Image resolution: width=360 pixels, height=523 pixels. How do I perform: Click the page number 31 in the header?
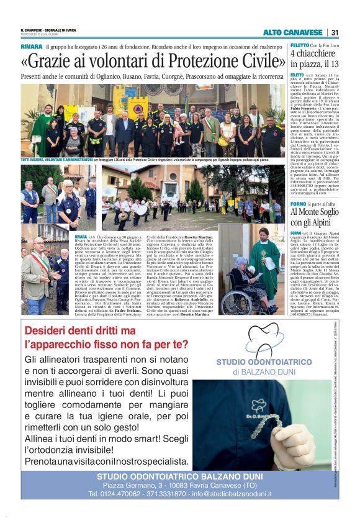click(x=335, y=32)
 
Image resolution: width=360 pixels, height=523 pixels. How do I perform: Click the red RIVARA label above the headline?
click(x=31, y=47)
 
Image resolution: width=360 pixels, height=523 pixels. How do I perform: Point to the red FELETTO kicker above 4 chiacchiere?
click(x=299, y=46)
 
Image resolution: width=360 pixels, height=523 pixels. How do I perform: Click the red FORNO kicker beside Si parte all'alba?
click(x=297, y=202)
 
